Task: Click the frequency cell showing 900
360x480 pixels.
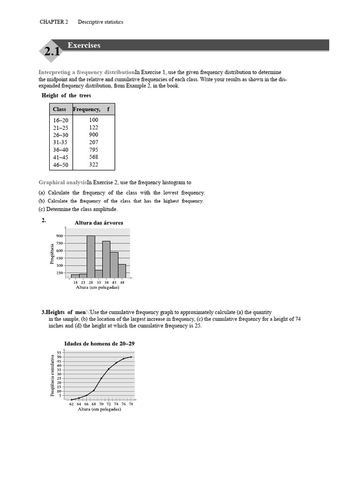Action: click(94, 135)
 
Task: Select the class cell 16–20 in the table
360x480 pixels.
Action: click(60, 120)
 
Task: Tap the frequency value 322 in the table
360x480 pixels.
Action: click(94, 165)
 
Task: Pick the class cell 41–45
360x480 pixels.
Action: click(60, 157)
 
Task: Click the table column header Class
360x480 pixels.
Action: click(60, 109)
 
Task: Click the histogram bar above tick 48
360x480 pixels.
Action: click(122, 271)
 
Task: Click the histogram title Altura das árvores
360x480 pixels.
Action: click(99, 223)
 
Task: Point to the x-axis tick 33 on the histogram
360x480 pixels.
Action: click(98, 283)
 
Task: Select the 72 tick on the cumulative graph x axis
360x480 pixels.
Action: click(109, 404)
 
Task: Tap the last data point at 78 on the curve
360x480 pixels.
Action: click(131, 357)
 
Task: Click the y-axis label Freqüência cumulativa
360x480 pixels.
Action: click(52, 375)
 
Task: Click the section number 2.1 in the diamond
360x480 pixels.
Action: click(52, 53)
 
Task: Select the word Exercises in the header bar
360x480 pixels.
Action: click(84, 45)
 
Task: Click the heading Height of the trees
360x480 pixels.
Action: click(66, 96)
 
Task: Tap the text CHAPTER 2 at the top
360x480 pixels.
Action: click(53, 22)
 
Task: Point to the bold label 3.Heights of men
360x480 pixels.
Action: click(65, 312)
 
